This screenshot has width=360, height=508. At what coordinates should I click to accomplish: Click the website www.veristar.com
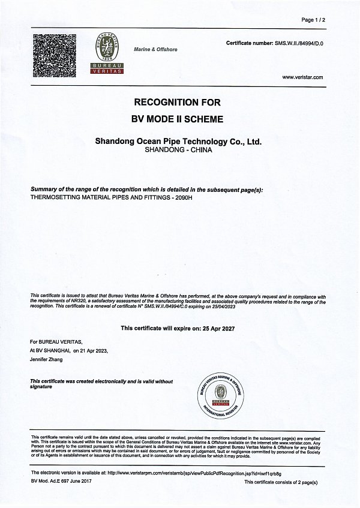302,77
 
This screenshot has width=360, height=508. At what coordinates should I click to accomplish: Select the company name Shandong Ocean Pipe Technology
179,142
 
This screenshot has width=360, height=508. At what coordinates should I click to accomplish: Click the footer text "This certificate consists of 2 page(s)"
281,482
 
